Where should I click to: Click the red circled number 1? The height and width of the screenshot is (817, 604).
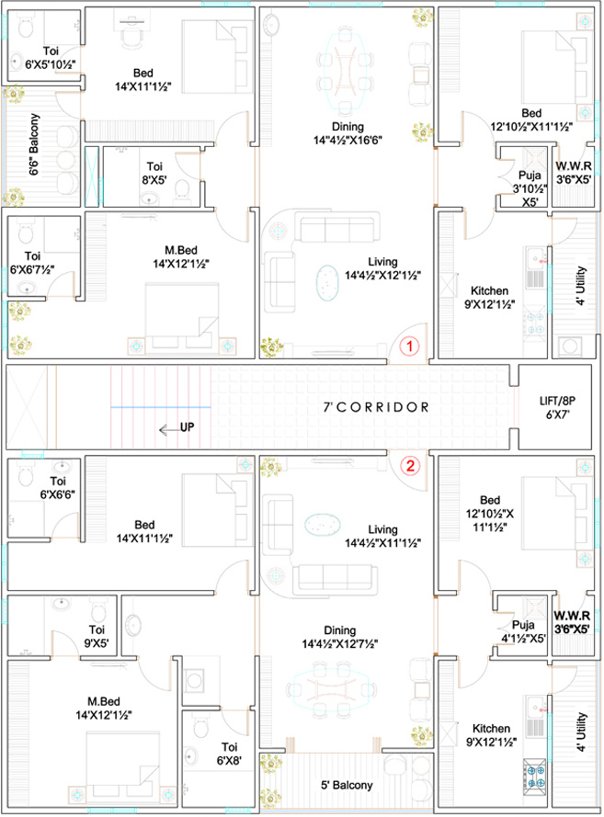point(410,346)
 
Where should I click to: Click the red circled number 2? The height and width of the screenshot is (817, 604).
point(410,465)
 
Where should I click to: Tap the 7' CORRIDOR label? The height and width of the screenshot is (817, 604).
point(376,407)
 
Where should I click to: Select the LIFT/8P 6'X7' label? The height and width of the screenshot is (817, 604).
point(557,408)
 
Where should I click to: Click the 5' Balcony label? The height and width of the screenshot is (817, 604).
point(347,785)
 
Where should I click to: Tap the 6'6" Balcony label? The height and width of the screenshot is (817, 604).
point(34,144)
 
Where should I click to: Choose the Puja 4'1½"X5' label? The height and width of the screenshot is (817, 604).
point(523,631)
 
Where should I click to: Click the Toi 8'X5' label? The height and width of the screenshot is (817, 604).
point(154,174)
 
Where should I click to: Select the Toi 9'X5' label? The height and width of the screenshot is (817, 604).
point(97,636)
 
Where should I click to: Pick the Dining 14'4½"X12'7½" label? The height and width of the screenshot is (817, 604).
point(340,637)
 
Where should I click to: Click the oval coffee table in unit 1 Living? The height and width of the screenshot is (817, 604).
point(326,283)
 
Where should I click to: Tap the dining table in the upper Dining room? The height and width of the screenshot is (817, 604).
point(345,71)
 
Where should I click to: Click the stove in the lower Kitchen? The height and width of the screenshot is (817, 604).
point(535,773)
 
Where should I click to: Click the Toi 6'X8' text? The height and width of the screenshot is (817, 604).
point(229,754)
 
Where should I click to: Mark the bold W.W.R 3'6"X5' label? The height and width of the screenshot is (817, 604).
point(572,622)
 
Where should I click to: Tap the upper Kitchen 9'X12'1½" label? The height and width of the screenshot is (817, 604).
point(489,297)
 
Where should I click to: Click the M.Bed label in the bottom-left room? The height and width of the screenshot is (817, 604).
point(104,701)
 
